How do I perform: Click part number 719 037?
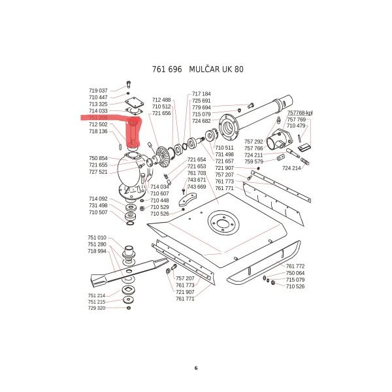(x=98, y=90)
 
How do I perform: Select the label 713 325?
(x=98, y=104)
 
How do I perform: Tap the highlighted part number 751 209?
(x=98, y=118)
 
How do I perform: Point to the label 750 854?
(x=98, y=159)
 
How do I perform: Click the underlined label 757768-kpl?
(x=301, y=113)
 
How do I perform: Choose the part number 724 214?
(x=291, y=168)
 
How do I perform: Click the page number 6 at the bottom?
(x=195, y=368)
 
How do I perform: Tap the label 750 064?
(x=295, y=273)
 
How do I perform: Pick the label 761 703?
(x=197, y=173)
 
